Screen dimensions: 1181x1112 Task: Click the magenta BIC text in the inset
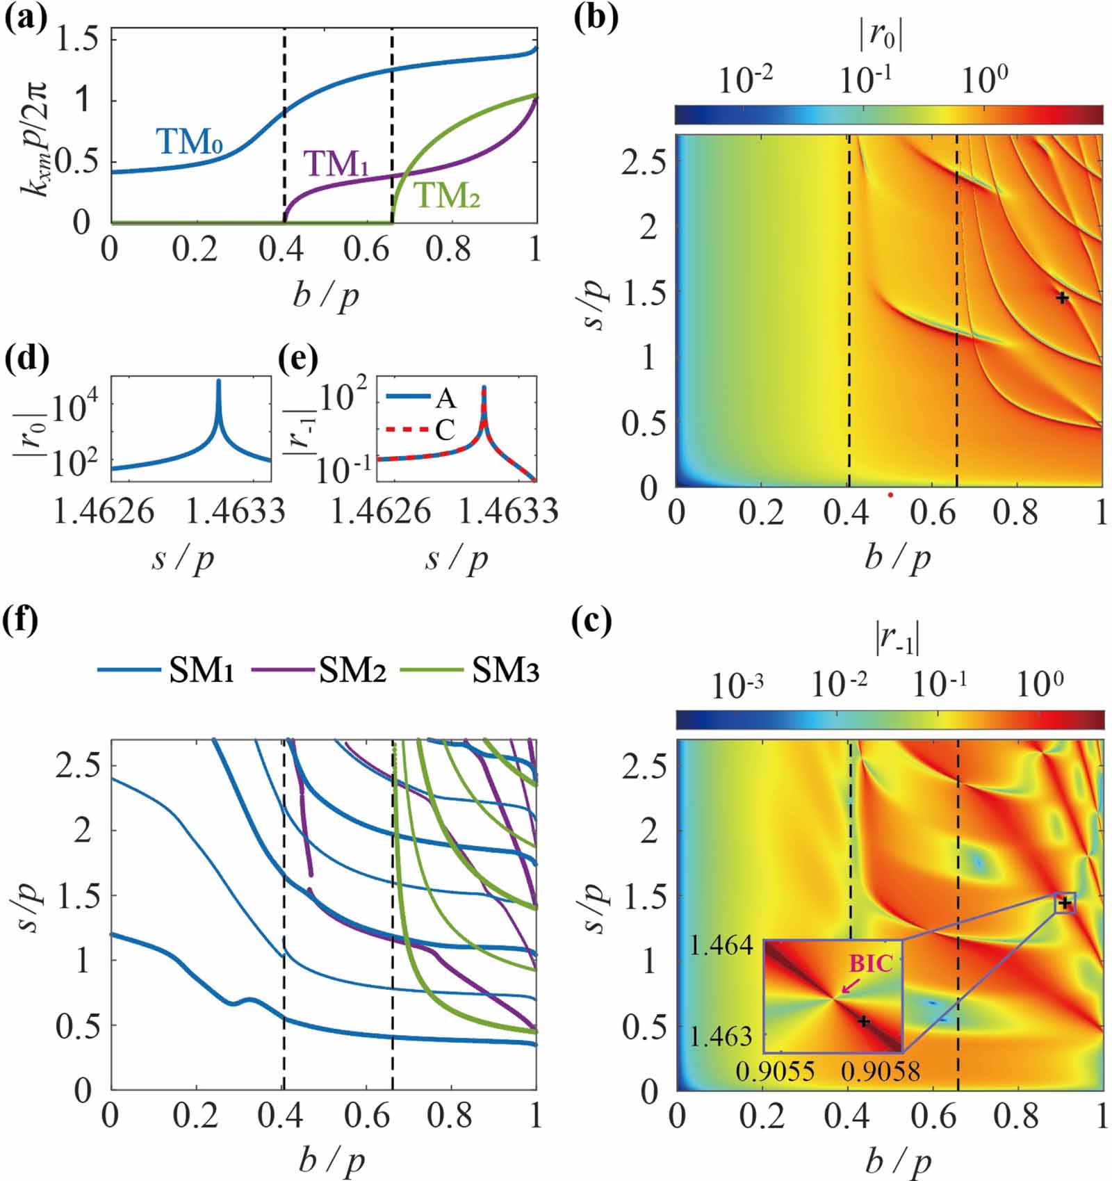(870, 963)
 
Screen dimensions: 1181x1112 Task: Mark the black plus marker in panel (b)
(1062, 298)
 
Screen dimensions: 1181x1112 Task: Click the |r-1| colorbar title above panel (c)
(897, 637)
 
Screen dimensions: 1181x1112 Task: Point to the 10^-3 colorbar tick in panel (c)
(737, 686)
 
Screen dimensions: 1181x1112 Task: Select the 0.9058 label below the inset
(880, 1071)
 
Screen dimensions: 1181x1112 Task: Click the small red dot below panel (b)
(890, 495)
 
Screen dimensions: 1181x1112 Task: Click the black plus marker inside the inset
(863, 1021)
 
